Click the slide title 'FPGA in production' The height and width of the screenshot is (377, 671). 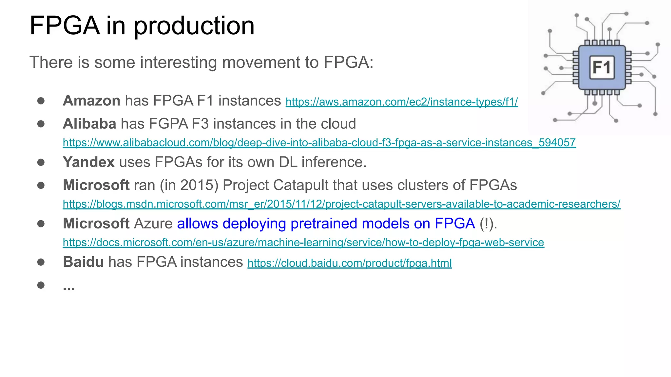coord(142,26)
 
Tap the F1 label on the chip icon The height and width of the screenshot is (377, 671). coord(602,67)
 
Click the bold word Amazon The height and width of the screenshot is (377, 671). coord(91,100)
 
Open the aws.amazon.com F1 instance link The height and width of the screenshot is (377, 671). coord(401,102)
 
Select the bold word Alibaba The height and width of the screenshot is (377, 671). coord(89,124)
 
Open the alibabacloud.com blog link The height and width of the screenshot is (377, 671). coord(319,143)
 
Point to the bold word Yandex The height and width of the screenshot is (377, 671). coord(88,162)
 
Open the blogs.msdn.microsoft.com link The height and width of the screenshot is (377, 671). coord(341,204)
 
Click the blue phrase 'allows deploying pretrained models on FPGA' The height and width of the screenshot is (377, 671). coord(326,224)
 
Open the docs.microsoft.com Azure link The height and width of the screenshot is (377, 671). coord(303,242)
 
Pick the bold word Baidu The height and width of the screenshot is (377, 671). coord(83,262)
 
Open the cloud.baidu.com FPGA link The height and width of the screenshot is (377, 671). coord(350,263)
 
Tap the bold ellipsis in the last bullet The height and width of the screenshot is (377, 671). coord(69,287)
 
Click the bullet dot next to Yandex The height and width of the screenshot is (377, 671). coord(41,162)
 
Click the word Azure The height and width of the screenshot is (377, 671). coord(153,224)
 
